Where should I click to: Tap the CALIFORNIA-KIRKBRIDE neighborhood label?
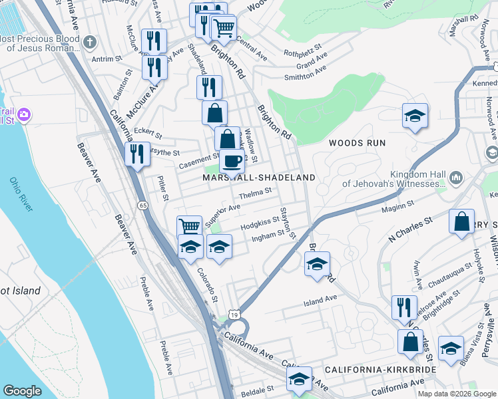pyautogui.click(x=380, y=369)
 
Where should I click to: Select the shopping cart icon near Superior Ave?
pyautogui.click(x=190, y=226)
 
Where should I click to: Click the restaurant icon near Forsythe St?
pyautogui.click(x=137, y=154)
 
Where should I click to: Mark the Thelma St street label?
pyautogui.click(x=256, y=192)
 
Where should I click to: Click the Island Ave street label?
pyautogui.click(x=320, y=301)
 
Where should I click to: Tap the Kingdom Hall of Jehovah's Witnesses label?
pyautogui.click(x=393, y=178)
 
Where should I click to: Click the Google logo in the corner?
pyautogui.click(x=22, y=391)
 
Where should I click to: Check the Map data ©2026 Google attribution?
pyautogui.click(x=456, y=394)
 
